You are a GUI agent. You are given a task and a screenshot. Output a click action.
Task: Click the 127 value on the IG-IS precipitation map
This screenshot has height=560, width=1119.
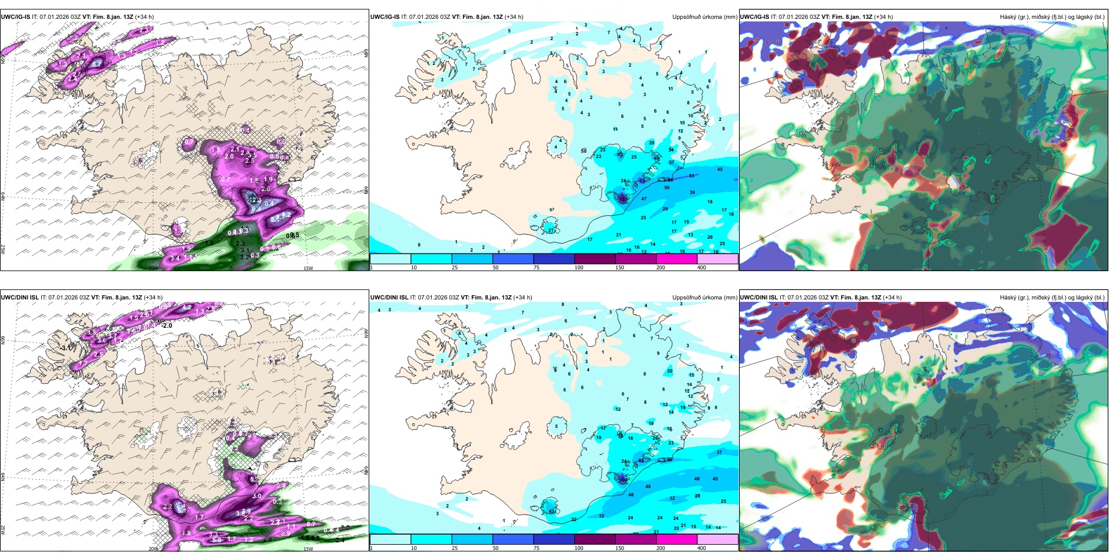click(x=623, y=199)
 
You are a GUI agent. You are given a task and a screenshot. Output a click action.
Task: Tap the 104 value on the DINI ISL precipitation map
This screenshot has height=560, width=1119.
click(x=623, y=480)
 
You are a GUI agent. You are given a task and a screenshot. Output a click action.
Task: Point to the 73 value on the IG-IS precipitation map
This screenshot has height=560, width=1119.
click(x=642, y=181)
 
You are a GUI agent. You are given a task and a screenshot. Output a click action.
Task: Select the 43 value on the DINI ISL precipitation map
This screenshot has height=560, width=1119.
click(x=551, y=511)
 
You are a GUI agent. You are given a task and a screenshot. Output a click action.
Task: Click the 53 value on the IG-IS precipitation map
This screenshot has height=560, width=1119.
click(x=691, y=176)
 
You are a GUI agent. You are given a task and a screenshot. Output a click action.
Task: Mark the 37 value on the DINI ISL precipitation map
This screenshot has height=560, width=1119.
click(x=719, y=452)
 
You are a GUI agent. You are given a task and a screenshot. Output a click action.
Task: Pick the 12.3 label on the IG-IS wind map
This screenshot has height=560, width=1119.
click(x=255, y=200)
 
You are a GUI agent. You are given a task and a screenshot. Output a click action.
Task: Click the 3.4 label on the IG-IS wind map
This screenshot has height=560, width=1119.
click(x=175, y=258)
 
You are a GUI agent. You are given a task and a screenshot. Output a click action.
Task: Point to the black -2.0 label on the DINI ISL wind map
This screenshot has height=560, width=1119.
click(x=167, y=325)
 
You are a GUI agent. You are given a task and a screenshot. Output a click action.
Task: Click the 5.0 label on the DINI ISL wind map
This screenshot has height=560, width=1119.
click(x=217, y=540)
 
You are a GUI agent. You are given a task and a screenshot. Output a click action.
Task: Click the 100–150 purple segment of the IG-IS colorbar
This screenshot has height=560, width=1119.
click(x=595, y=258)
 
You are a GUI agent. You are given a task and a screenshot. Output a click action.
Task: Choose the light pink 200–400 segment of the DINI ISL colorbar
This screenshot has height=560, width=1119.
click(x=717, y=539)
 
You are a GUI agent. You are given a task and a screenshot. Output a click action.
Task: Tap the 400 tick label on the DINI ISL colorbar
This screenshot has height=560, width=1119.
click(x=701, y=548)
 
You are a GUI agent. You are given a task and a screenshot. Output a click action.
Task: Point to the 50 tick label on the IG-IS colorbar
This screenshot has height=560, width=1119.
click(x=495, y=268)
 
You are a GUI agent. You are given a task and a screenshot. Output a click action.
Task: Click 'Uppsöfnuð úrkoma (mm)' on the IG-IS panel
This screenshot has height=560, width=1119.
click(x=704, y=17)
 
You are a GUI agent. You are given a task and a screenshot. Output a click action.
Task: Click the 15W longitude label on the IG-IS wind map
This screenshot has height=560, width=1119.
click(x=308, y=268)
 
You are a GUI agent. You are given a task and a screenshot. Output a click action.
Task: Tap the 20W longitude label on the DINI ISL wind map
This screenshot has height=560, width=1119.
click(x=153, y=549)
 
